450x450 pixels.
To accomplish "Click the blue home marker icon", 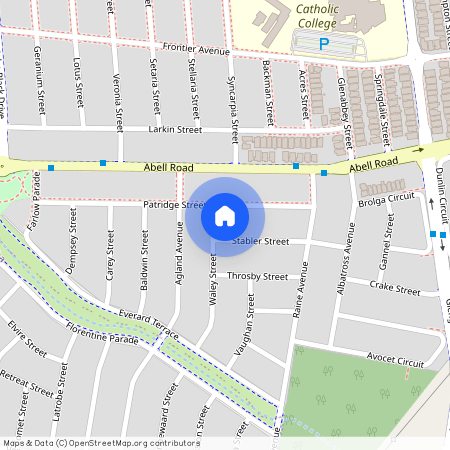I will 225,215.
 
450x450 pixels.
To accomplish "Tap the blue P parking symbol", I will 323,43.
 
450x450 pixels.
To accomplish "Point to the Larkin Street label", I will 175,129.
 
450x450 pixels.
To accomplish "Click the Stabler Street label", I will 260,241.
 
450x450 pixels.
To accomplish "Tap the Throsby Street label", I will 257,276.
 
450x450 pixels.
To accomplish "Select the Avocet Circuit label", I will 395,359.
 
